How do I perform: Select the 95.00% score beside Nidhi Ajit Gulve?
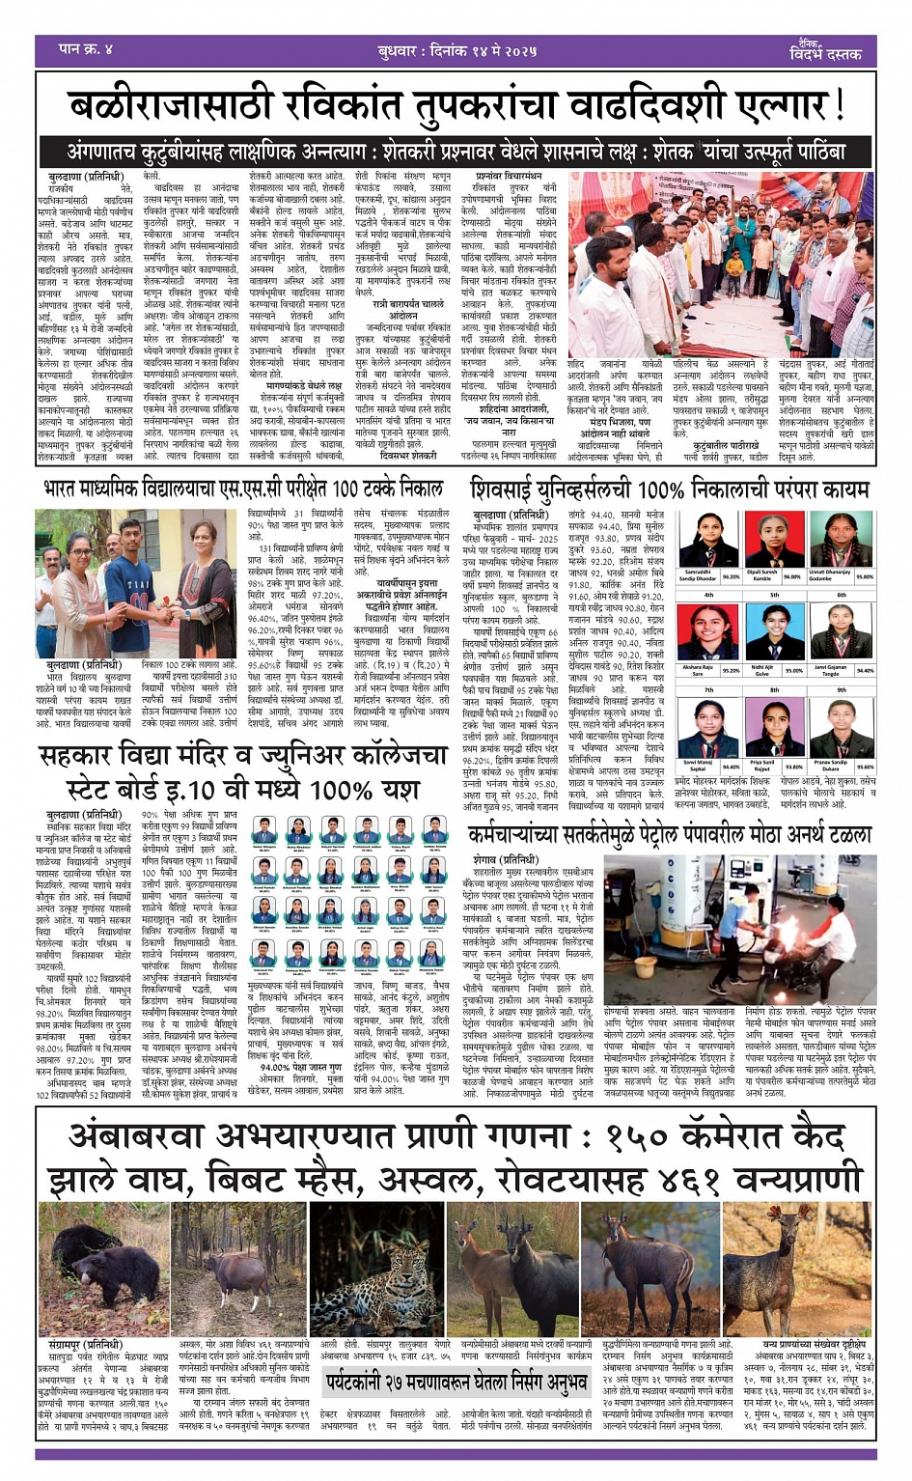click(794, 670)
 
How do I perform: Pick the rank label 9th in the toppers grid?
click(841, 690)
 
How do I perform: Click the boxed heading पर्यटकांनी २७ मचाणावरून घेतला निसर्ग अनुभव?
click(456, 1383)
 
